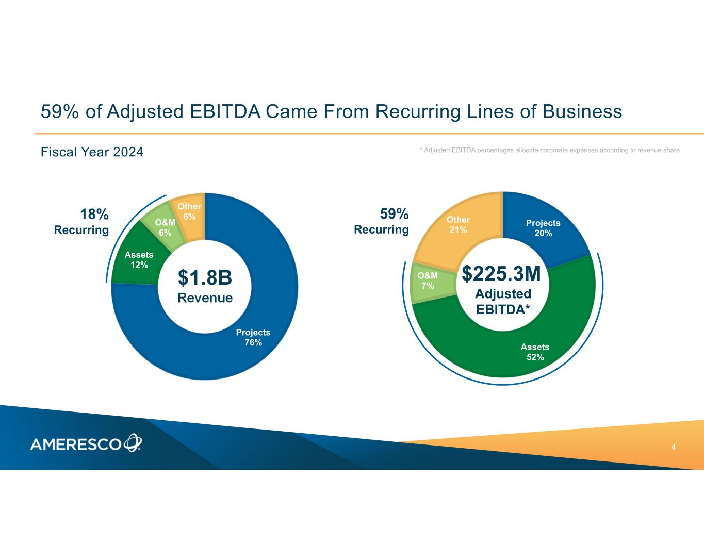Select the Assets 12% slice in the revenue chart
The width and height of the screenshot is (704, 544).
coord(138,260)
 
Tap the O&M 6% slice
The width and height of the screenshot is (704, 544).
coord(165,227)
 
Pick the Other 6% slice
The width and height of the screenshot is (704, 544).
coord(189,212)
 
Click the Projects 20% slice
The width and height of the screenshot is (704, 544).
coord(543,228)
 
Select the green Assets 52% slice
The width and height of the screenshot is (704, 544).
coord(535,351)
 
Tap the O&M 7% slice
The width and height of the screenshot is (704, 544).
coord(428,281)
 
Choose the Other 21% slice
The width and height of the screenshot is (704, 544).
coord(459,225)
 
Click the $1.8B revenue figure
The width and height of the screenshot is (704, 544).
coord(205,277)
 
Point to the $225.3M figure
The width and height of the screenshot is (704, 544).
coord(501,274)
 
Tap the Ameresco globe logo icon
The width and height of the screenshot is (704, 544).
coord(133,443)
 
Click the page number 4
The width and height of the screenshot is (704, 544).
coord(674,447)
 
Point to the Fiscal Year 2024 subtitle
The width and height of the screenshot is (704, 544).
coord(92,152)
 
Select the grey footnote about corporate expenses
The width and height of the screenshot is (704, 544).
coord(549,150)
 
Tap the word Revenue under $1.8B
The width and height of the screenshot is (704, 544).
coord(205,298)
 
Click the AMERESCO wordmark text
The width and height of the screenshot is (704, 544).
coord(76,444)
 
